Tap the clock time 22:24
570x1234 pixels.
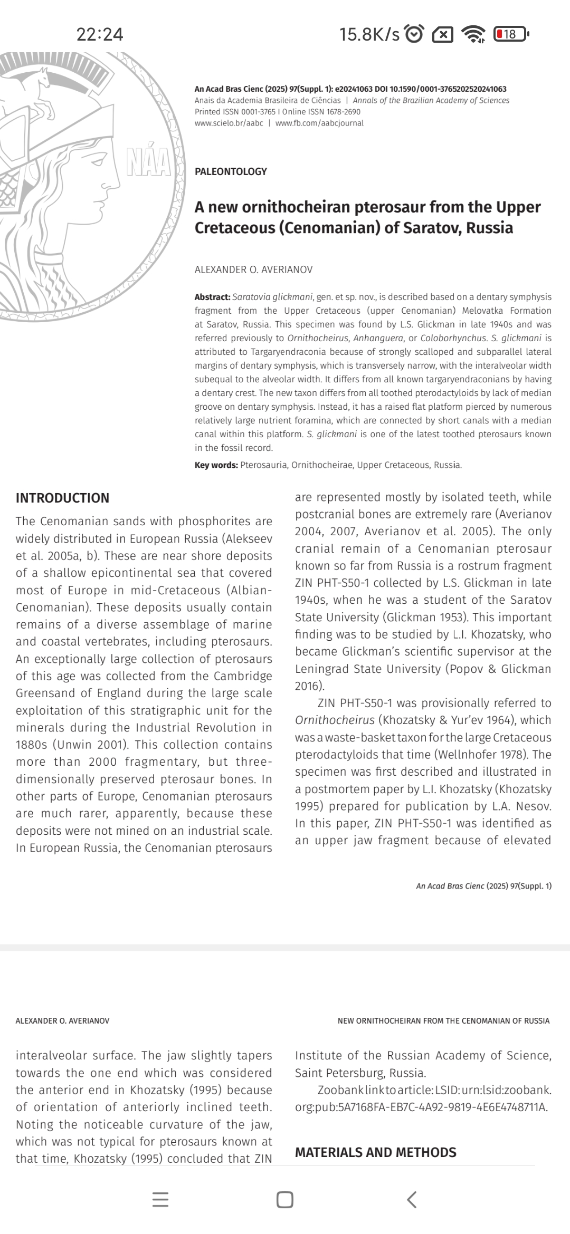tap(100, 34)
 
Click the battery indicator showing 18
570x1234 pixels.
tap(510, 34)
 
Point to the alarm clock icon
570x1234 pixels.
tap(414, 34)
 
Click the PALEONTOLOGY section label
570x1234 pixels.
tap(231, 171)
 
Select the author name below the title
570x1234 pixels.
tap(253, 269)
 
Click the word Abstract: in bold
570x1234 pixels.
tap(212, 297)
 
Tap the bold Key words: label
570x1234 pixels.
tap(216, 465)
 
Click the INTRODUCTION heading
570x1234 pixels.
tap(62, 498)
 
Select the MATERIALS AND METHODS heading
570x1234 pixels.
tap(375, 1152)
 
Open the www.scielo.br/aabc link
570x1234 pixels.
tap(229, 123)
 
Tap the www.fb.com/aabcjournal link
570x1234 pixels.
tap(319, 123)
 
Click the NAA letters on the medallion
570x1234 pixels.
tap(149, 162)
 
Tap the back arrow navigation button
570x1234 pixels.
tap(412, 1200)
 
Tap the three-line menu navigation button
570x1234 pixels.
tap(160, 1200)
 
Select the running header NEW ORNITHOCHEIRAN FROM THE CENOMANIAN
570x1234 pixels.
tap(443, 1021)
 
